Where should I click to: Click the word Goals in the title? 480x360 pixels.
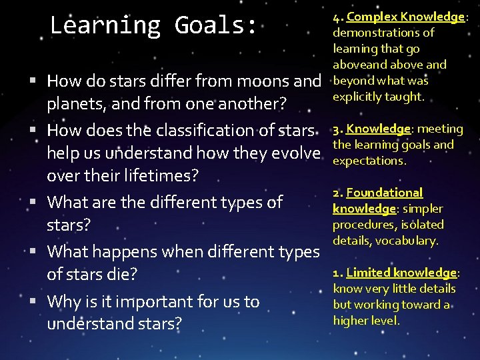(215, 25)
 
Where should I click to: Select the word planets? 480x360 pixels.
(73, 105)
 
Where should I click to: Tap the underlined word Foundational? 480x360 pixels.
(384, 193)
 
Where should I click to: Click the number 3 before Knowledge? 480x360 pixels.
(336, 129)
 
